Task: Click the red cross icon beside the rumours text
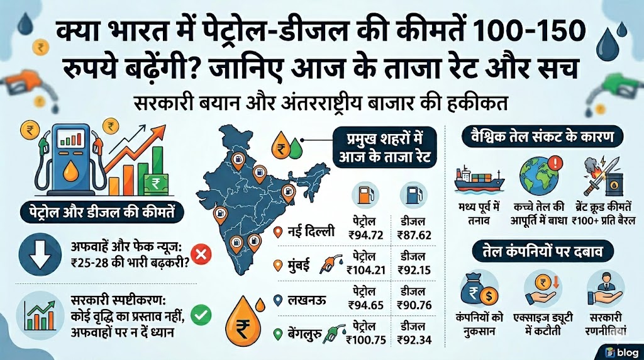click(x=203, y=254)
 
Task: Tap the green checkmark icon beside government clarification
click(x=203, y=313)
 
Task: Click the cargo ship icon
click(x=479, y=180)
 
